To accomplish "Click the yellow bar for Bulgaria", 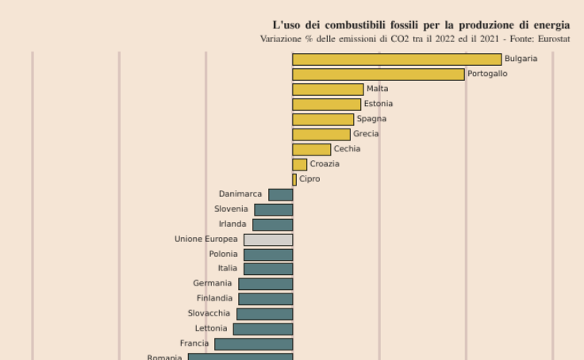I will coord(397,59).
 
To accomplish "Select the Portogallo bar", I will coord(378,75).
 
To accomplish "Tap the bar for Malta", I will coord(328,90).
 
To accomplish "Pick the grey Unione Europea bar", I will coord(268,239).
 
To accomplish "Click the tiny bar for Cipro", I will coord(294,180).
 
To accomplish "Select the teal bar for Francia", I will coord(254,344).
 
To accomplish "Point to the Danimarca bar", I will coord(281,195).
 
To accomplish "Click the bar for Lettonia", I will coord(263,329).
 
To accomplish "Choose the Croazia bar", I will coord(300,165).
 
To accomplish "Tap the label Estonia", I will coord(378,104).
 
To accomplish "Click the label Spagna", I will coord(371,119).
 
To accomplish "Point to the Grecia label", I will coord(366,134).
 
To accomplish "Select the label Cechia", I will coord(347,149).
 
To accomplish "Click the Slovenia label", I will coord(231,209).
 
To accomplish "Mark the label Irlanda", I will coord(232,224).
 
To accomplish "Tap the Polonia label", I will coord(223,255).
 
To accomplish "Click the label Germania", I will coord(213,284).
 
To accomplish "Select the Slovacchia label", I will coord(209,314).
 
